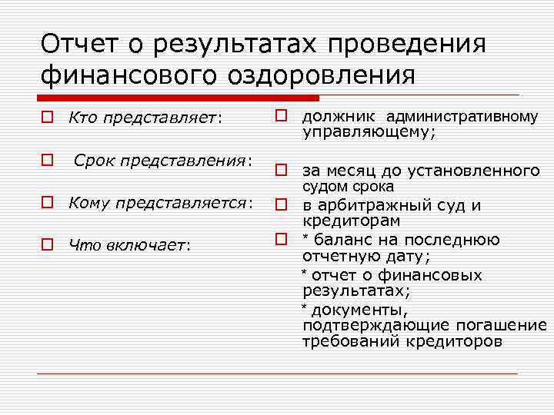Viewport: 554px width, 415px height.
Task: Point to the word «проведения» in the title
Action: coord(407,44)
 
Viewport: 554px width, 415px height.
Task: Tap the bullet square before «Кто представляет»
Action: coord(48,118)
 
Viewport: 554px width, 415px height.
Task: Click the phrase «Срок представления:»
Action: coord(163,161)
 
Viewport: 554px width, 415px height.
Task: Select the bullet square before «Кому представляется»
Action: coord(48,203)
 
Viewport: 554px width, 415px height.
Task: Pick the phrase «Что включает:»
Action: coord(129,245)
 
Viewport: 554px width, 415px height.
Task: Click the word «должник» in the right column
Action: coord(338,117)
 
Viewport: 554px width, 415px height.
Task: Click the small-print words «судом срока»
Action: coord(348,187)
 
